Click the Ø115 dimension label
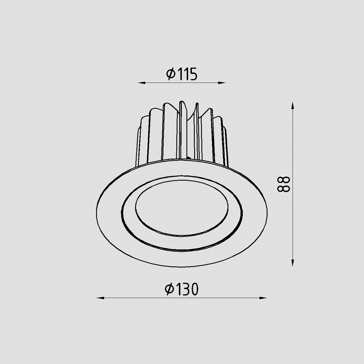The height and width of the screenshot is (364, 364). pyautogui.click(x=182, y=74)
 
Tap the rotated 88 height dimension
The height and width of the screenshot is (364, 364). pyautogui.click(x=283, y=184)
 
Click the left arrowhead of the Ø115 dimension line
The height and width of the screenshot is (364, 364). pyautogui.click(x=141, y=83)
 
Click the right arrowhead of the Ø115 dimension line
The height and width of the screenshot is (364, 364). pyautogui.click(x=222, y=83)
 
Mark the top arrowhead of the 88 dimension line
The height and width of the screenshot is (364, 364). pyautogui.click(x=293, y=106)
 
